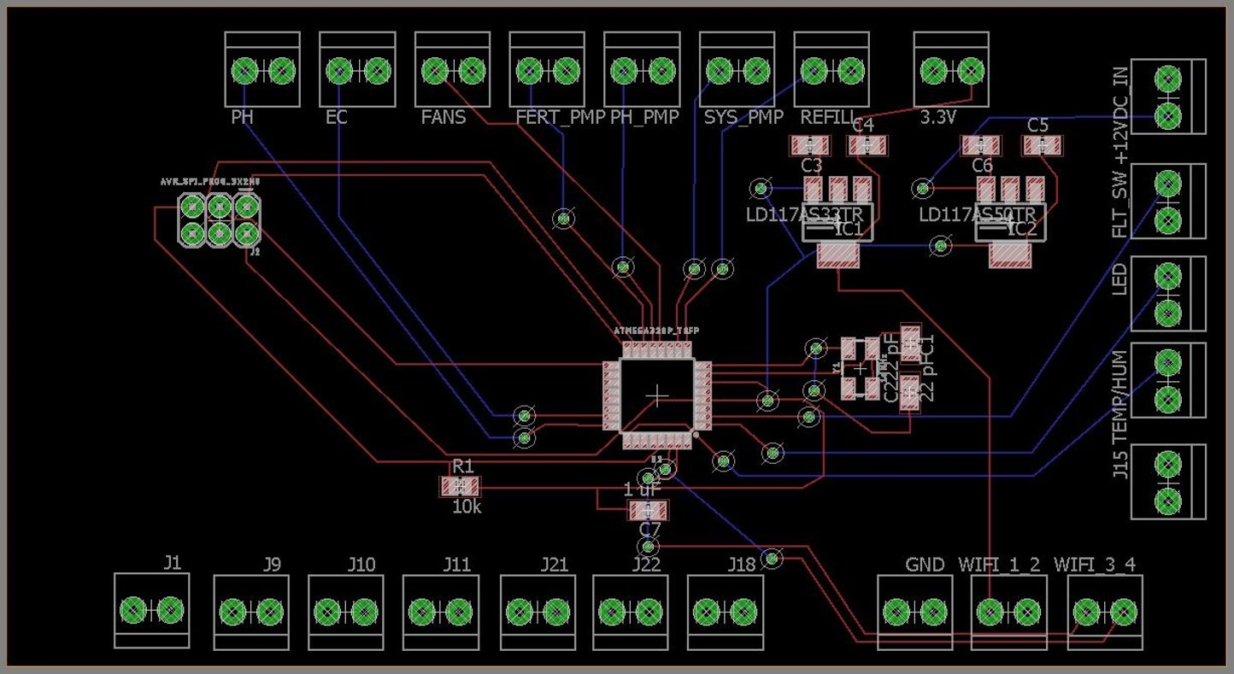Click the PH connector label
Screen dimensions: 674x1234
[242, 117]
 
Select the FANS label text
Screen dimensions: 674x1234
[444, 117]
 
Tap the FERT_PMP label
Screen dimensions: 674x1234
[560, 117]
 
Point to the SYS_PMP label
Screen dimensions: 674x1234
[743, 117]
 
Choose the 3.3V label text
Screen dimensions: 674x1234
[937, 117]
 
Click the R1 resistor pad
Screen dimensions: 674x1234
[460, 487]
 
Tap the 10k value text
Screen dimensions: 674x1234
[467, 507]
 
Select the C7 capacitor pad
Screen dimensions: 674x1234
[649, 511]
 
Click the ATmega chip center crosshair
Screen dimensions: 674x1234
[657, 395]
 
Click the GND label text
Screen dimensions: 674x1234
[925, 565]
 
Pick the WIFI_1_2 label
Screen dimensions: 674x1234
[999, 565]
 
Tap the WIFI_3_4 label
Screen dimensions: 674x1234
[1095, 565]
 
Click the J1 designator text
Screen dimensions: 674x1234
[173, 562]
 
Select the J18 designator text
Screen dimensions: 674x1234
[742, 565]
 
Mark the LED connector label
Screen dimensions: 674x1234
[1119, 279]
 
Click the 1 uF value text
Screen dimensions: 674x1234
[641, 490]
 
